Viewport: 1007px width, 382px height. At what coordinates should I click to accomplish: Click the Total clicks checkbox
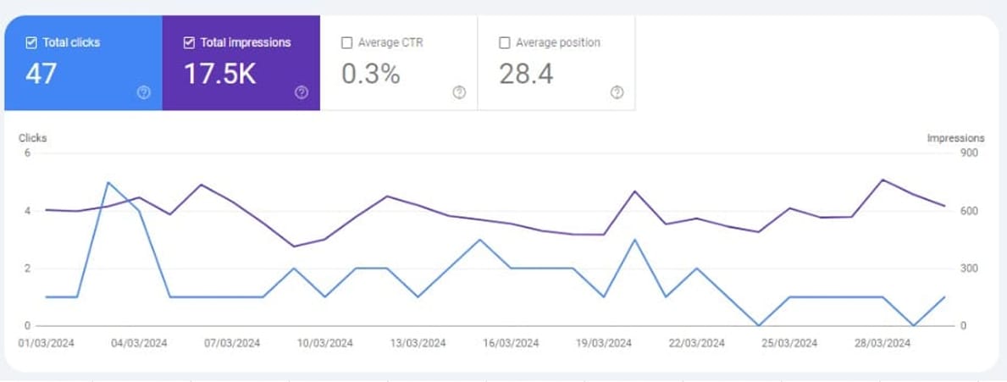[x=31, y=42]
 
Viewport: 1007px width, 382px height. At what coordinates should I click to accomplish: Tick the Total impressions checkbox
[x=189, y=42]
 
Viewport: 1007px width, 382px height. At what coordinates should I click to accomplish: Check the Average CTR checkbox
[x=346, y=42]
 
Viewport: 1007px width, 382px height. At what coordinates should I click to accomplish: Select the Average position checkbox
[x=505, y=42]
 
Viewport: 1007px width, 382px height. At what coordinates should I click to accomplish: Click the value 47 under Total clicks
[x=41, y=75]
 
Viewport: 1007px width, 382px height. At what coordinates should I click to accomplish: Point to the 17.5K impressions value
[x=219, y=75]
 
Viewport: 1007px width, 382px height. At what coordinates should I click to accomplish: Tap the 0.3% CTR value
[x=370, y=75]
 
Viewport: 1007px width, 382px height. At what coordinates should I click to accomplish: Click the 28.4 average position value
[x=526, y=75]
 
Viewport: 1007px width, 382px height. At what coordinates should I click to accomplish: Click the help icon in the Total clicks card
[x=143, y=93]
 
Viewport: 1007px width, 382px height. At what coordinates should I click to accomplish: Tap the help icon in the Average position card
[x=617, y=93]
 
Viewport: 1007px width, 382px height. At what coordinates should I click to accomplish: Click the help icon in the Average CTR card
[x=459, y=93]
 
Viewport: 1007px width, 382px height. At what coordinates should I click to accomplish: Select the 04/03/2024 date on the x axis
[x=140, y=343]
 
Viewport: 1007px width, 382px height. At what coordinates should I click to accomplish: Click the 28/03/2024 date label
[x=883, y=343]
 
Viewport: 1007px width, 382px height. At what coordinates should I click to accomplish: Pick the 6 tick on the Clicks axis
[x=27, y=153]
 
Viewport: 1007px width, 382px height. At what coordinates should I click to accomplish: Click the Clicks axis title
[x=32, y=137]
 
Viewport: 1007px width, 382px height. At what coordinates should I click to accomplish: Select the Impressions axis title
[x=955, y=137]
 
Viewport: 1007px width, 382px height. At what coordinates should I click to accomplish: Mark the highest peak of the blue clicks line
[x=108, y=182]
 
